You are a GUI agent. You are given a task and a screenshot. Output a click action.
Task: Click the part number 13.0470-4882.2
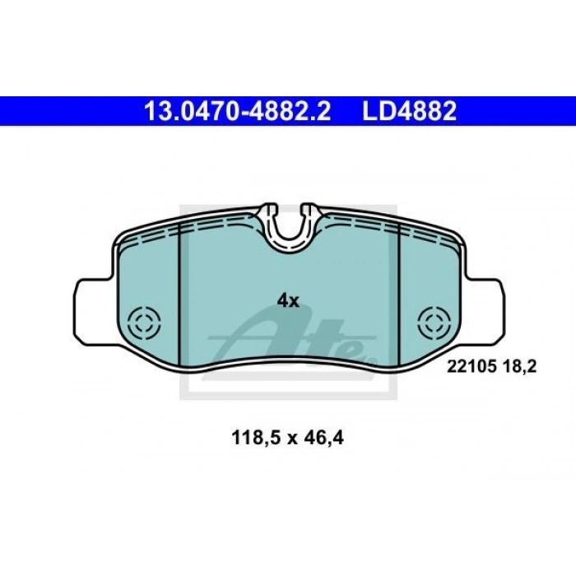[237, 111]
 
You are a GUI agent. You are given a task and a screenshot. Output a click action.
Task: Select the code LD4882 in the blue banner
[409, 111]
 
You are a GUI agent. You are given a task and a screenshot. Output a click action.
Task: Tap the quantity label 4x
[288, 301]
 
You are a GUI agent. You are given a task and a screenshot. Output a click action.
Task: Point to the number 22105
[471, 367]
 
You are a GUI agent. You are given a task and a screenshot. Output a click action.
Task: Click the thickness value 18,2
[518, 367]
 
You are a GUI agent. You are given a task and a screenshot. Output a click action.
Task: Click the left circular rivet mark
[144, 323]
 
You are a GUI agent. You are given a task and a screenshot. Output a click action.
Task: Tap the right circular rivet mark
[434, 323]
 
